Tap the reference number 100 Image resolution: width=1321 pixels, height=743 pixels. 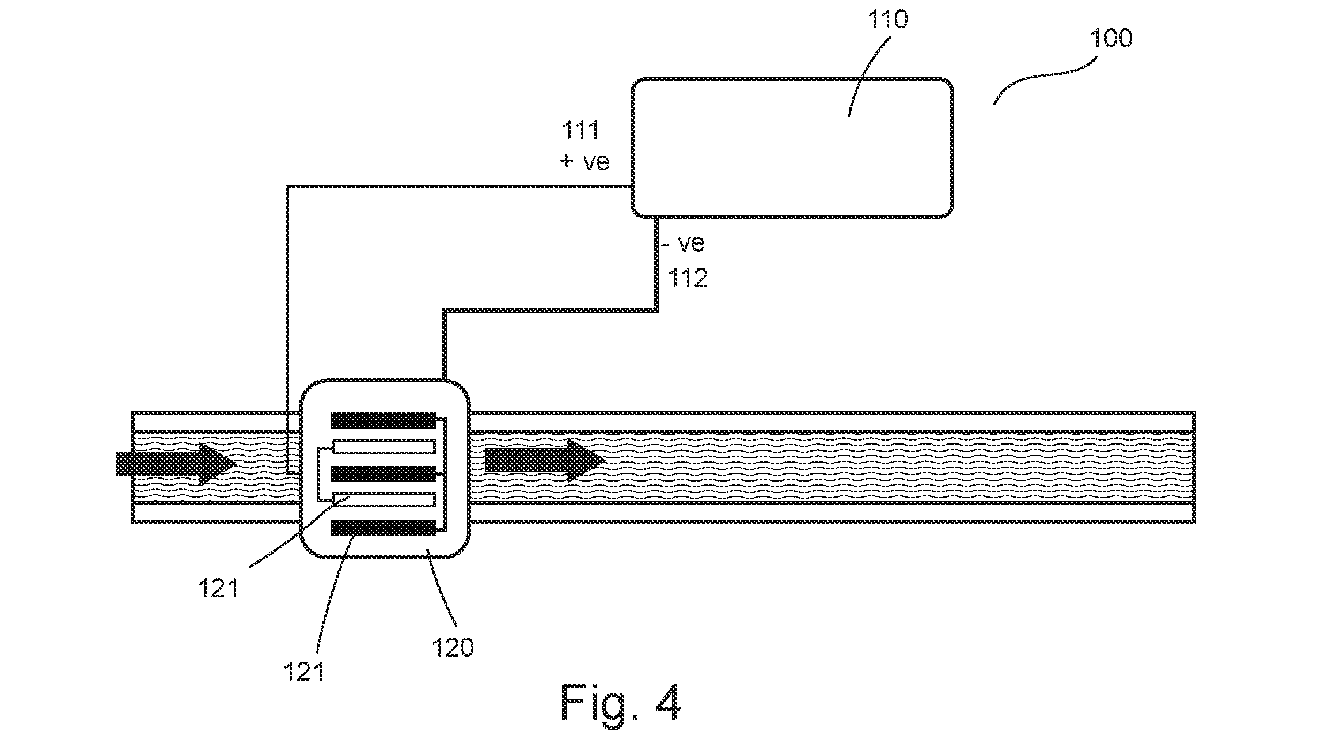pos(1111,39)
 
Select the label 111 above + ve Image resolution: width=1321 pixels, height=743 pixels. pos(580,131)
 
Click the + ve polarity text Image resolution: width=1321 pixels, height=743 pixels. pos(584,162)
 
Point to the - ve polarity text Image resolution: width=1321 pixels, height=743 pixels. pos(683,244)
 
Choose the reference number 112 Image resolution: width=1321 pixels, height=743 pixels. pos(688,278)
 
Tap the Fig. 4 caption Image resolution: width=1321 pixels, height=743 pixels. pos(621,704)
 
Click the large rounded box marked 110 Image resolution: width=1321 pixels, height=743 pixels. pos(792,148)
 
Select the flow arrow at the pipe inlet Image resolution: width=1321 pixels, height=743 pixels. pos(176,463)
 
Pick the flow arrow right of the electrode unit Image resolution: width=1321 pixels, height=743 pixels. pos(545,460)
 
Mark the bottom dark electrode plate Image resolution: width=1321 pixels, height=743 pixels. pos(384,527)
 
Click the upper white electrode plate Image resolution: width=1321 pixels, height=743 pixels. pos(384,447)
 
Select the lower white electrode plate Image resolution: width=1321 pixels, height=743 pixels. pos(384,501)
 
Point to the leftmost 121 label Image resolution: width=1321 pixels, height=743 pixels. pos(219,590)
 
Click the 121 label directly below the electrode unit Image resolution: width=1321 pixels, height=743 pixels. pos(303,672)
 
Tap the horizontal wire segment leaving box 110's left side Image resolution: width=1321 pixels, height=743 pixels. pos(459,187)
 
